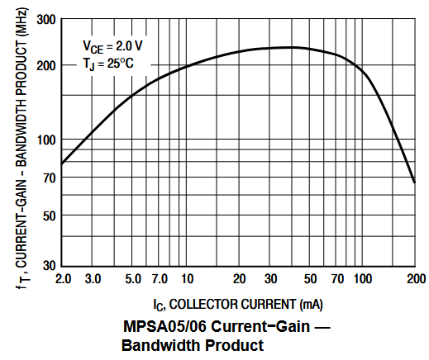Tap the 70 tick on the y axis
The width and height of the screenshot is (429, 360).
[48, 178]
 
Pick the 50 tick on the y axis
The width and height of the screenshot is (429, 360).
[48, 216]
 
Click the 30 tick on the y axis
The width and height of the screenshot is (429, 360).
[48, 265]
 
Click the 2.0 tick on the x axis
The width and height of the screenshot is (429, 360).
[63, 278]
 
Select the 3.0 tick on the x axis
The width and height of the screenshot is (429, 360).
[93, 278]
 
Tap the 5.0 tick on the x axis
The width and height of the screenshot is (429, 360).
[132, 278]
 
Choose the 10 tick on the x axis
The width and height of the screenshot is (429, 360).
[187, 278]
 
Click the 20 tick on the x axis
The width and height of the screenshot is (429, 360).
[240, 278]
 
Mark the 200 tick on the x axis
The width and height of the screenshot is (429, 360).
[415, 278]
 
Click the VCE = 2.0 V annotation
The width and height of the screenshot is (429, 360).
[112, 45]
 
